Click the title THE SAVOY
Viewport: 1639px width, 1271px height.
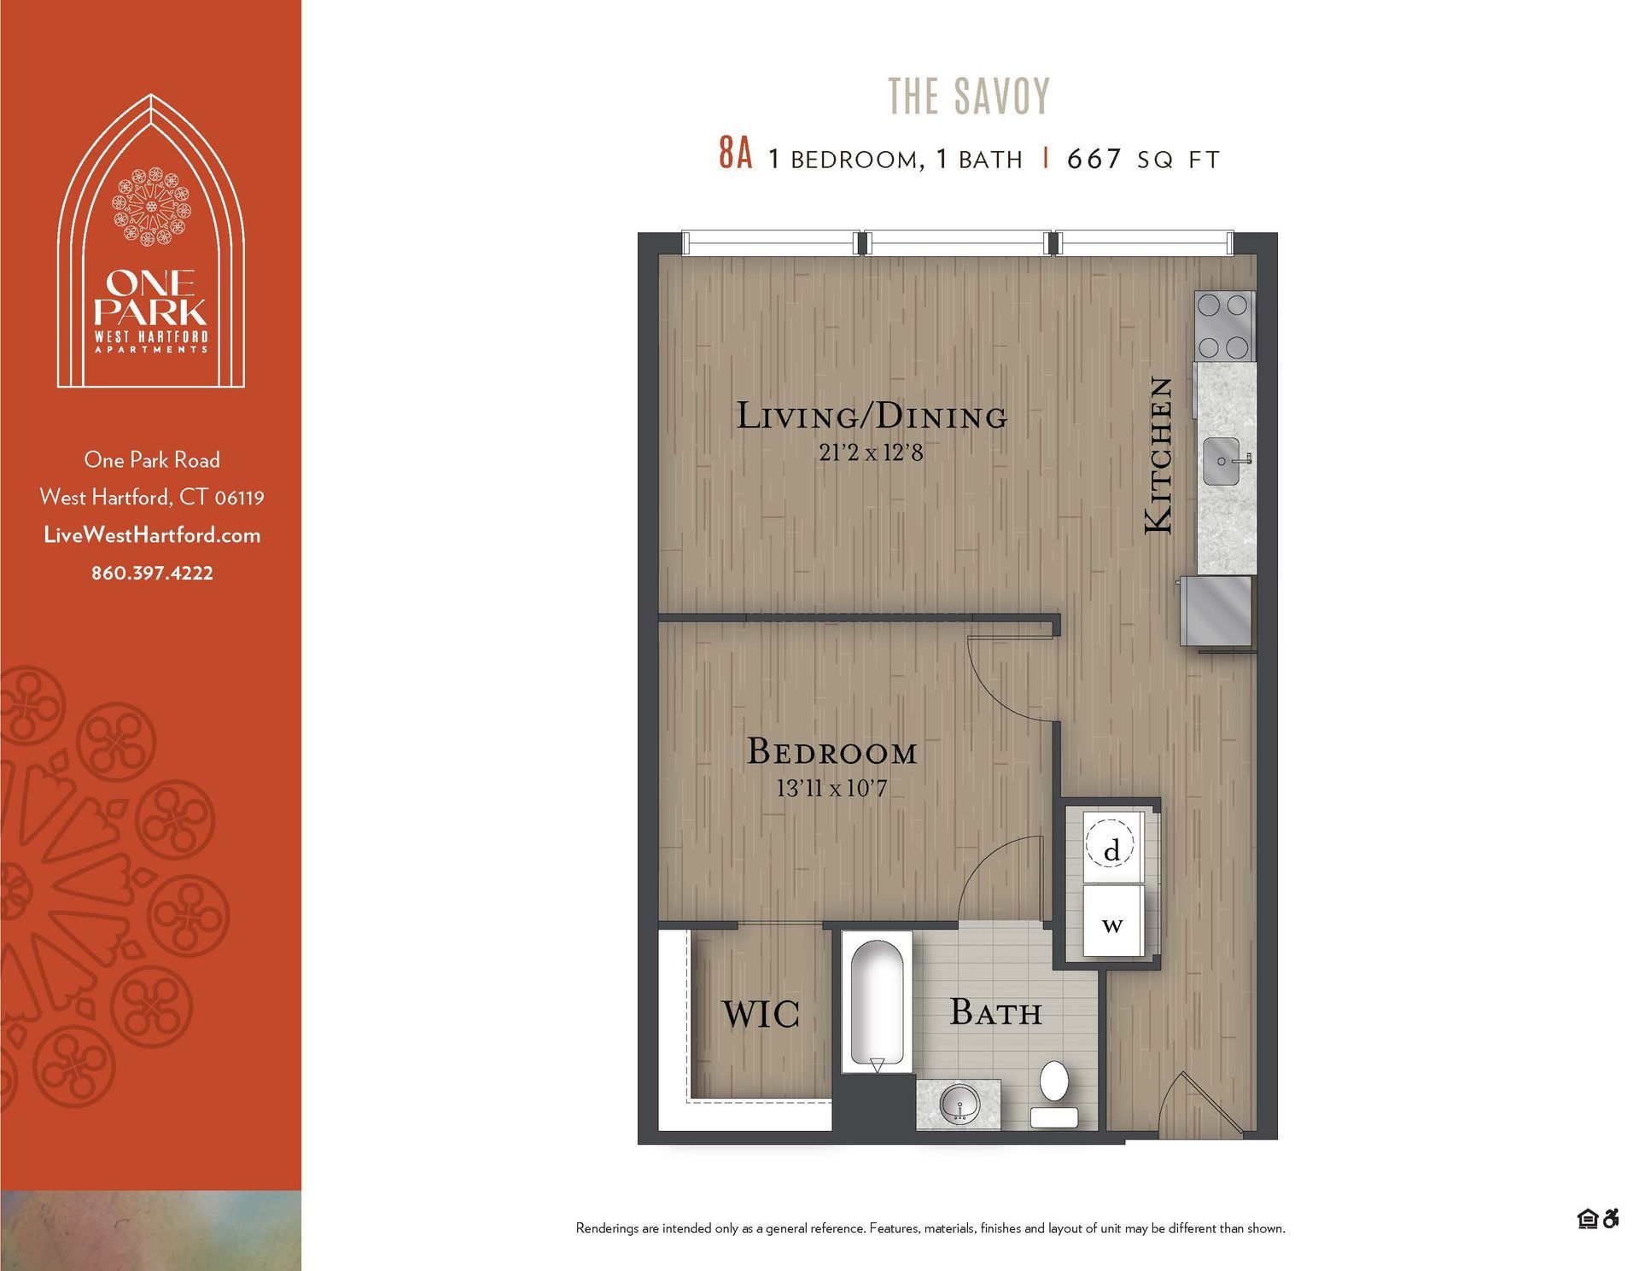969,96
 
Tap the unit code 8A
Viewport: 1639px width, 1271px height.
735,155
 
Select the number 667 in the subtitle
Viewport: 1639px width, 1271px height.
1094,159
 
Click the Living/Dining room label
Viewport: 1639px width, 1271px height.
872,417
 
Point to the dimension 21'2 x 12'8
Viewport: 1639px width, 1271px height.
871,452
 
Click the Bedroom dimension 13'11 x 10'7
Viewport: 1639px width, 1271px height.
831,788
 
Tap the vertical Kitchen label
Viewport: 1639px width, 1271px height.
1158,456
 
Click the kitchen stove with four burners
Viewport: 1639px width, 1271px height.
1224,326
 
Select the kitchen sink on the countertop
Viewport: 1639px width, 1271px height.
1222,462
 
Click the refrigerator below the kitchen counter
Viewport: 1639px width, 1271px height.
1216,610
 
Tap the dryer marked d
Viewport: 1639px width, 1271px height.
1111,849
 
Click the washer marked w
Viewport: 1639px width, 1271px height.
1112,923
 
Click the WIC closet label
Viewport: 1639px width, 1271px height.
761,1014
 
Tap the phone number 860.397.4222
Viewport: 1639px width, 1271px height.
152,574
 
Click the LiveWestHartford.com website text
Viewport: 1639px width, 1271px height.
152,535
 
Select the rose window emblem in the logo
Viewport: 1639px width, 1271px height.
152,207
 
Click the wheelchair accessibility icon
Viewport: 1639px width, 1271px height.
1611,1219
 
